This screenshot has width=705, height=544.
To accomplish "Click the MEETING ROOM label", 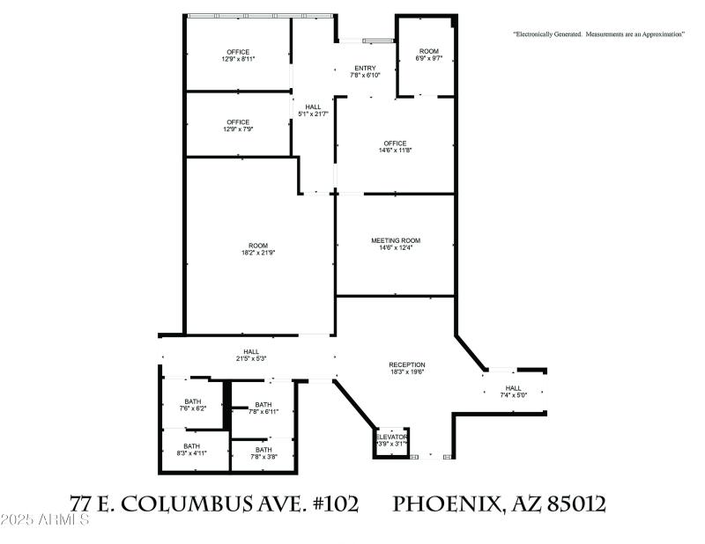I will click(395, 240).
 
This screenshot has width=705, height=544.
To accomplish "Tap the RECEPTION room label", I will click(407, 364).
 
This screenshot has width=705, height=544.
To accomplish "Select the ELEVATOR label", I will click(392, 437).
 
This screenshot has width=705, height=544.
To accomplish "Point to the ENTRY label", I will click(365, 69).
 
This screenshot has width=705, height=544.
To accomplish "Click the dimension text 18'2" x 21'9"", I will click(259, 253).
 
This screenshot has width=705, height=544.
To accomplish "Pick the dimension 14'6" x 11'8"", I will click(395, 151).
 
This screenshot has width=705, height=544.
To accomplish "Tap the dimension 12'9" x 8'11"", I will click(238, 60).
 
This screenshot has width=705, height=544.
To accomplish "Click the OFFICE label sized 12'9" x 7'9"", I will click(238, 122).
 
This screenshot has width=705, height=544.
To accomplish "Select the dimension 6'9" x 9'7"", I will click(428, 59).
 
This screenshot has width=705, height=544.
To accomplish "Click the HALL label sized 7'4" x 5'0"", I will click(514, 388).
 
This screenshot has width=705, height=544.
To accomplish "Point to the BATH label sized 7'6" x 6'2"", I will click(192, 401).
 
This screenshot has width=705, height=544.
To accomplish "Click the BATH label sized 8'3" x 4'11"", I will click(192, 446).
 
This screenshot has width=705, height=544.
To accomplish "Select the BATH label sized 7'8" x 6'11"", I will click(263, 405).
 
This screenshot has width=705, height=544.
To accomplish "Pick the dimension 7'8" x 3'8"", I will click(263, 457).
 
